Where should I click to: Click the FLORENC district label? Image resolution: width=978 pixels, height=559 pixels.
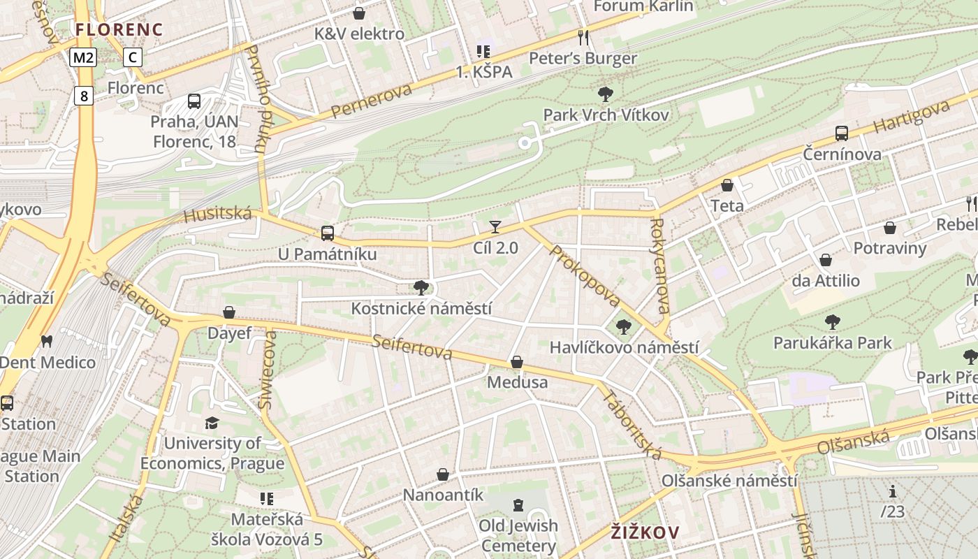[x=119, y=29]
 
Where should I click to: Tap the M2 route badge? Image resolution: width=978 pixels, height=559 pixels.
[x=83, y=57]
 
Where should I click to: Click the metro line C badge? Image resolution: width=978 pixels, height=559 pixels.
[x=133, y=57]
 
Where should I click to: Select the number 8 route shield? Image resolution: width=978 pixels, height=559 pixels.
[x=84, y=96]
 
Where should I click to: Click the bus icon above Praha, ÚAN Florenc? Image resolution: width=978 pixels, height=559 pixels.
[x=194, y=101]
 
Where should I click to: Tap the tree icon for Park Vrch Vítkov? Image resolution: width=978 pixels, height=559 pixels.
[x=606, y=94]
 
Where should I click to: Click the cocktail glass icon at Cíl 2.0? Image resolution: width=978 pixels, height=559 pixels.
[x=495, y=226]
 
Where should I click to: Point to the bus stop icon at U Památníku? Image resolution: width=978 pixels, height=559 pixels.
[x=327, y=233]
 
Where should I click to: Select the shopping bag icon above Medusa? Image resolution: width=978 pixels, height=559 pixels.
[x=517, y=362]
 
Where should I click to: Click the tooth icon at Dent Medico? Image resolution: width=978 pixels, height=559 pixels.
[x=47, y=342]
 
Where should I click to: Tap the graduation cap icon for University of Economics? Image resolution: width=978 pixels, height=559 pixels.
[x=212, y=423]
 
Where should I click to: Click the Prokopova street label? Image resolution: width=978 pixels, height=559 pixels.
[x=585, y=275]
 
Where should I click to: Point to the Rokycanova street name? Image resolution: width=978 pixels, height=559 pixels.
[x=659, y=266]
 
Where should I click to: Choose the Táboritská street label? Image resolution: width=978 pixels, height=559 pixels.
[x=632, y=424]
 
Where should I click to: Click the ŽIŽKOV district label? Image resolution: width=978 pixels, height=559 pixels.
[x=645, y=532]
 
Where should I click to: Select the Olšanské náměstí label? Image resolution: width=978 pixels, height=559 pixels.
[x=729, y=481]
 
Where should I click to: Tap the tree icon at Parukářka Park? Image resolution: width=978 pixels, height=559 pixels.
[x=832, y=322]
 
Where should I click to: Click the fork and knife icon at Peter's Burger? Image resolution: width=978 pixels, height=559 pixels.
[x=583, y=37]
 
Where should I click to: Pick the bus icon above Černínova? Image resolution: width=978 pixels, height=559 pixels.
[x=842, y=133]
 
